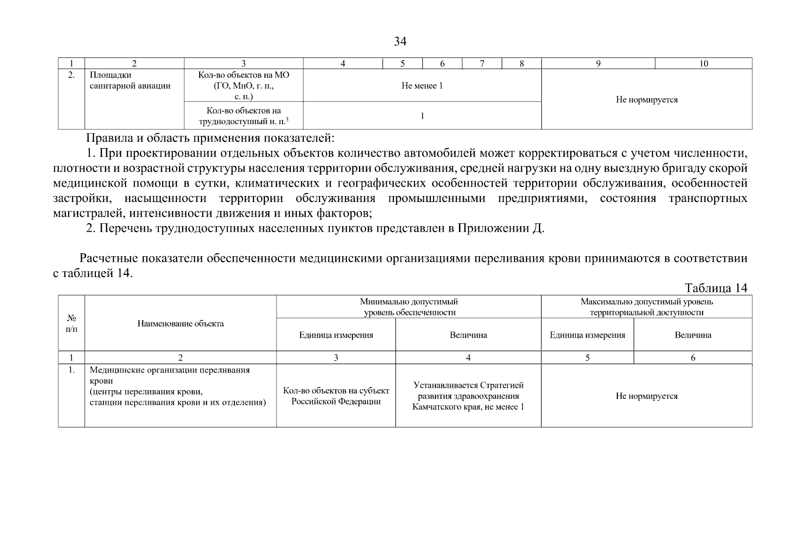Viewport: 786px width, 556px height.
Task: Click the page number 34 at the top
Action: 400,42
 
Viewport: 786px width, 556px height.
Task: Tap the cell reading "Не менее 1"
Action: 422,86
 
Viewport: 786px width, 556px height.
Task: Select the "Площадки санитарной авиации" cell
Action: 130,81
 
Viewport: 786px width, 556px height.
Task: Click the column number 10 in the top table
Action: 703,64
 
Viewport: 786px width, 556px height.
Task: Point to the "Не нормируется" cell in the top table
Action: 647,100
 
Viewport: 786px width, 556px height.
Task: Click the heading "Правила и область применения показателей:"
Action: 210,138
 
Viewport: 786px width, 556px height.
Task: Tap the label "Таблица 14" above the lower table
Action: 716,288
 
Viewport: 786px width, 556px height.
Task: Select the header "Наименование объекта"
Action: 181,323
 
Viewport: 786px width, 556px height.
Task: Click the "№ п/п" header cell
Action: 71,323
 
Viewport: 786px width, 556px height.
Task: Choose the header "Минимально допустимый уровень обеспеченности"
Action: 409,307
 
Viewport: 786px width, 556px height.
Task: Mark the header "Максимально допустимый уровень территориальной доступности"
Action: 647,307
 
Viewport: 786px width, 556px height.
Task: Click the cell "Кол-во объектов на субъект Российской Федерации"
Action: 336,396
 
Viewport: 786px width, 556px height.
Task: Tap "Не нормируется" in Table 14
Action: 647,396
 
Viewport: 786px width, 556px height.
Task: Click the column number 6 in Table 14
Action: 693,358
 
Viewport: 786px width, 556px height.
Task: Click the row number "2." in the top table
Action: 71,75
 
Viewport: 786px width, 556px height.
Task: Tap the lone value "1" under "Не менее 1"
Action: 422,116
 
